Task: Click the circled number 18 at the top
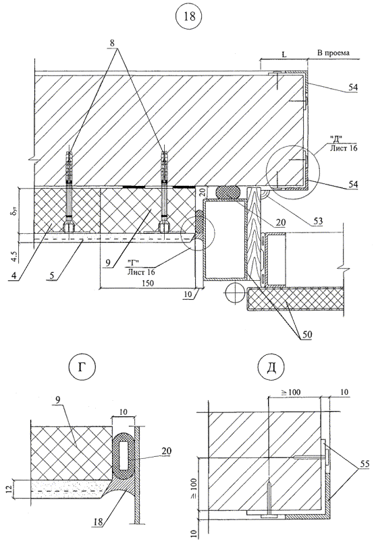[x=190, y=16]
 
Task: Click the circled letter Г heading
[x=82, y=367]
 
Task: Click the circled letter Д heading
[x=271, y=367]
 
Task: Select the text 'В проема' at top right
[x=333, y=53]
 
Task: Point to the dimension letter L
[x=284, y=55]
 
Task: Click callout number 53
[x=317, y=220]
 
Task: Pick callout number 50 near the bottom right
[x=307, y=334]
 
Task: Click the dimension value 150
[x=148, y=283]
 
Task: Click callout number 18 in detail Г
[x=99, y=522]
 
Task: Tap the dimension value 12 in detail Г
[x=9, y=489]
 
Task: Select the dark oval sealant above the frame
[x=228, y=193]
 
